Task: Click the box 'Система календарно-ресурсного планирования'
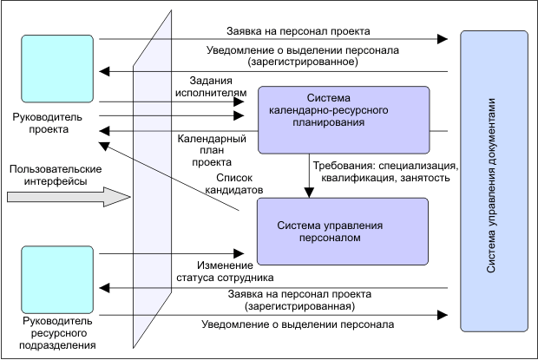pyautogui.click(x=344, y=119)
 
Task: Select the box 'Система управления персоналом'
pyautogui.click(x=343, y=232)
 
